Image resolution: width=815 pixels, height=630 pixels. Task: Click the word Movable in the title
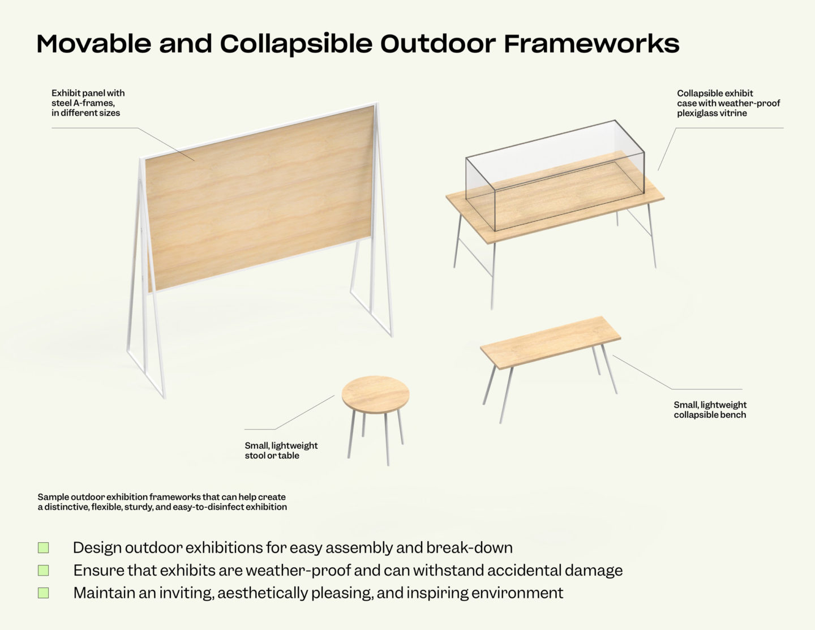tap(93, 44)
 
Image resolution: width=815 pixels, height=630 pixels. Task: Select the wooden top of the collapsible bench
tap(550, 341)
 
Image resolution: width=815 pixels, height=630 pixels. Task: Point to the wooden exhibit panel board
tap(260, 198)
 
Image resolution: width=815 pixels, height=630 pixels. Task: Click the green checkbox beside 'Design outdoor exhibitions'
tap(44, 547)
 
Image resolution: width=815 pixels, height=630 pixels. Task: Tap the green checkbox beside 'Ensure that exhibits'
tap(44, 570)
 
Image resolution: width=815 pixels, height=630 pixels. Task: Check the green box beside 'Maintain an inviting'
tap(44, 593)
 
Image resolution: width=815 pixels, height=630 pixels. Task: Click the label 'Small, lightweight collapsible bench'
tap(710, 410)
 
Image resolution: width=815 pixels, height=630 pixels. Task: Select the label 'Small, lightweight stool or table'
tap(281, 451)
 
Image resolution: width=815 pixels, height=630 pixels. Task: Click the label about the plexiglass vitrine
tap(728, 103)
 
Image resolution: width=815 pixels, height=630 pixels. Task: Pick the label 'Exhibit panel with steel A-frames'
tap(88, 103)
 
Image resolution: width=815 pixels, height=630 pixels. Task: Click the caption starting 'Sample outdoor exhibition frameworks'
tap(162, 502)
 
